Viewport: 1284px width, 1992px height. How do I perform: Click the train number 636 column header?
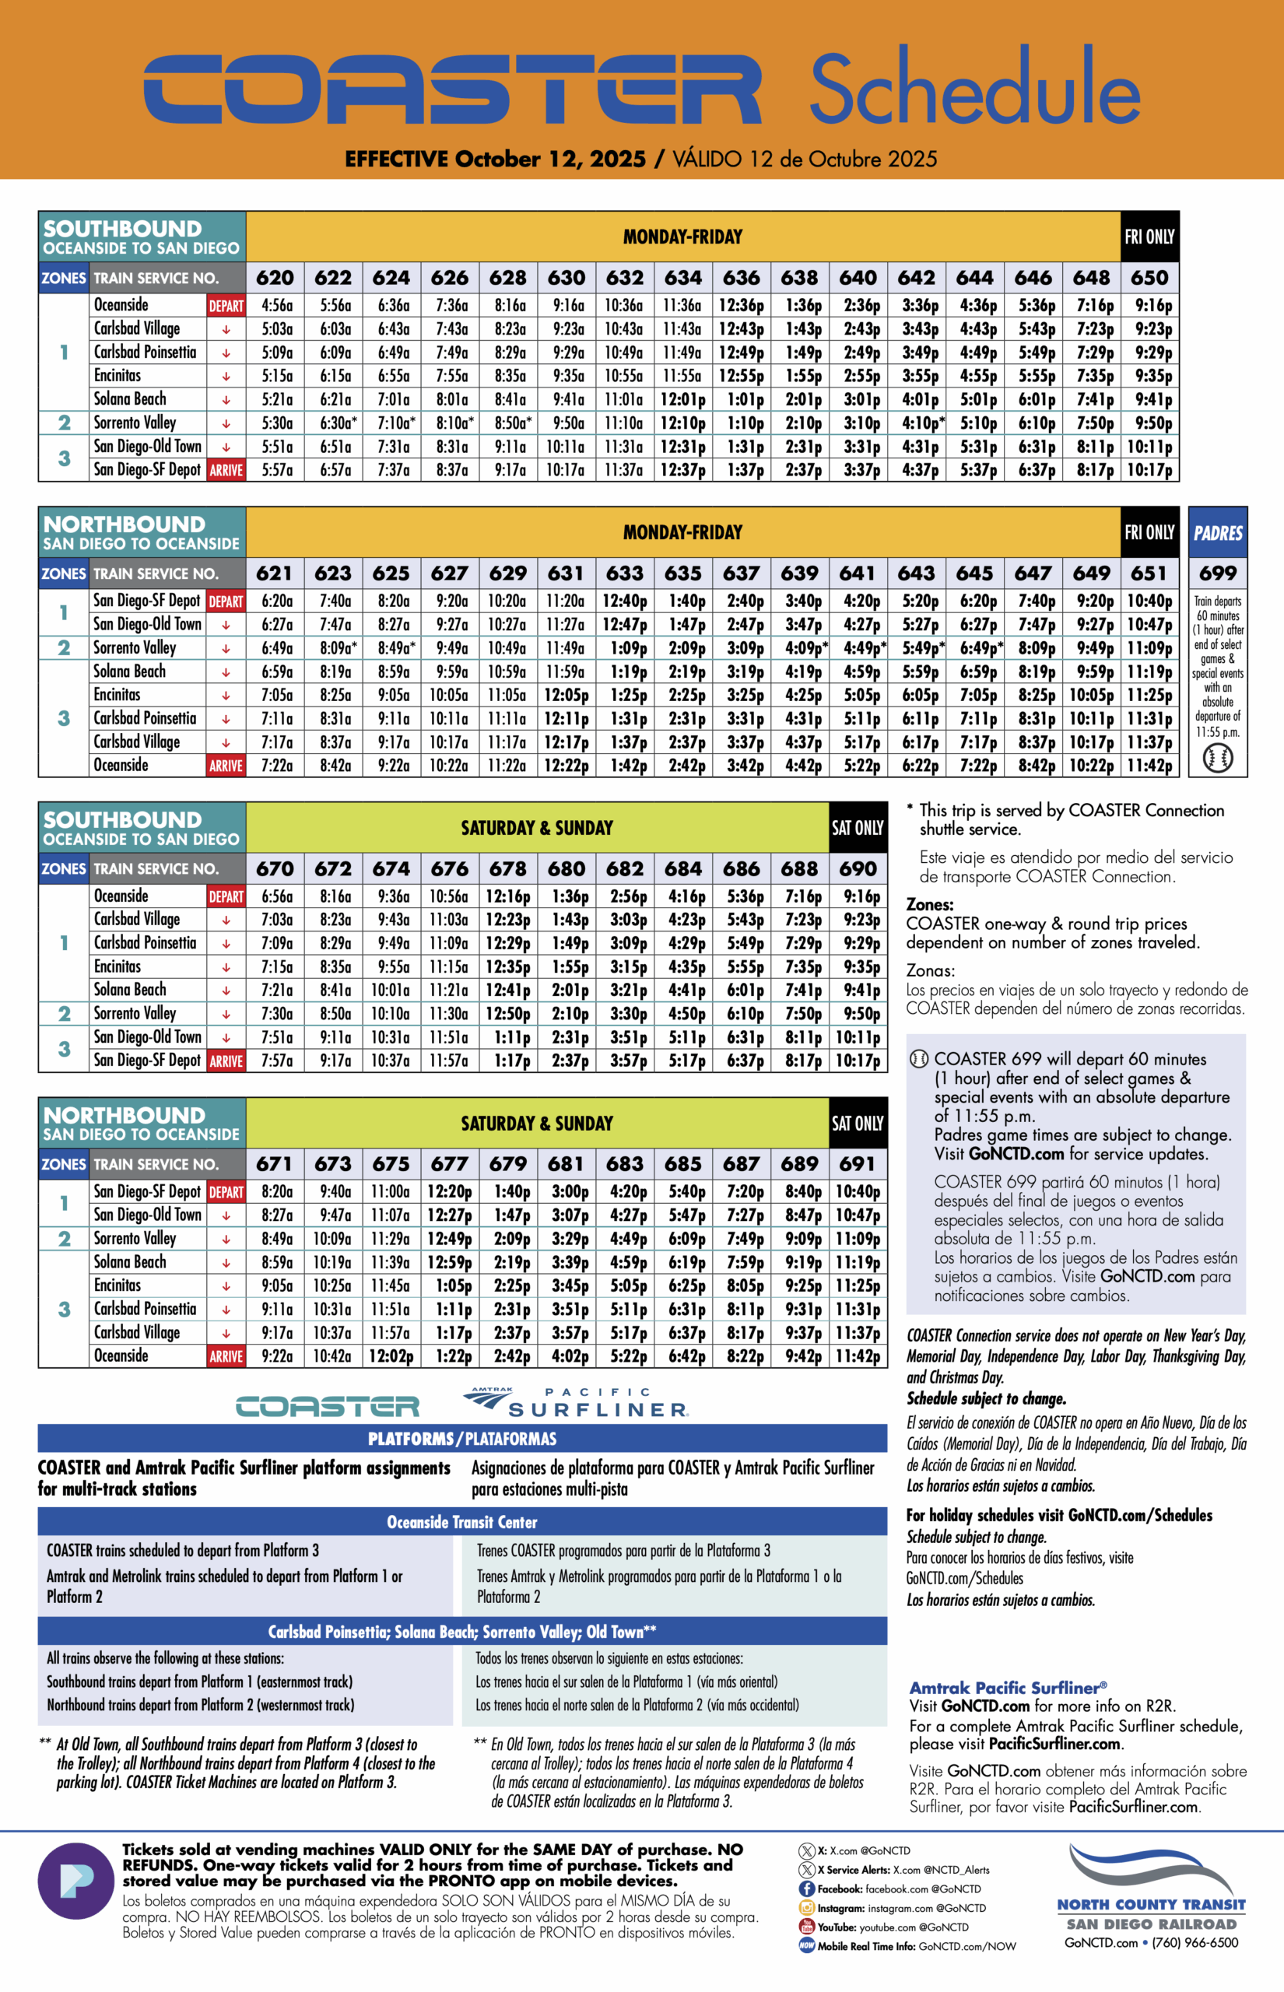coord(741,278)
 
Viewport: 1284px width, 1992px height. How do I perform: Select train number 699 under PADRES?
coord(1217,573)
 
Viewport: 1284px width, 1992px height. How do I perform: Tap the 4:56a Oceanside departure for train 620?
coord(277,306)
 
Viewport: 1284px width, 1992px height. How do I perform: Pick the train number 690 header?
coord(858,868)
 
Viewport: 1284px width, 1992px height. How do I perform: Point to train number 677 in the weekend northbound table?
coord(450,1163)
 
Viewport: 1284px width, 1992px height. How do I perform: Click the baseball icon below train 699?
coord(1217,758)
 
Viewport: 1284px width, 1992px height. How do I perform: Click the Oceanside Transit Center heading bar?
coord(462,1522)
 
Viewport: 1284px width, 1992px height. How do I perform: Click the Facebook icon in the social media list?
coord(806,1889)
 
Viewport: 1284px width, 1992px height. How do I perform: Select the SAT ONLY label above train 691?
coord(857,1124)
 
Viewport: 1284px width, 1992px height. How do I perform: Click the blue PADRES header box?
coord(1217,532)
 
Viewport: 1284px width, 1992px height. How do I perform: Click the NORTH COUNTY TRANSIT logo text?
coord(1151,1905)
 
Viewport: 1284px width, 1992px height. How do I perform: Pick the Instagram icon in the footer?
coord(806,1908)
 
